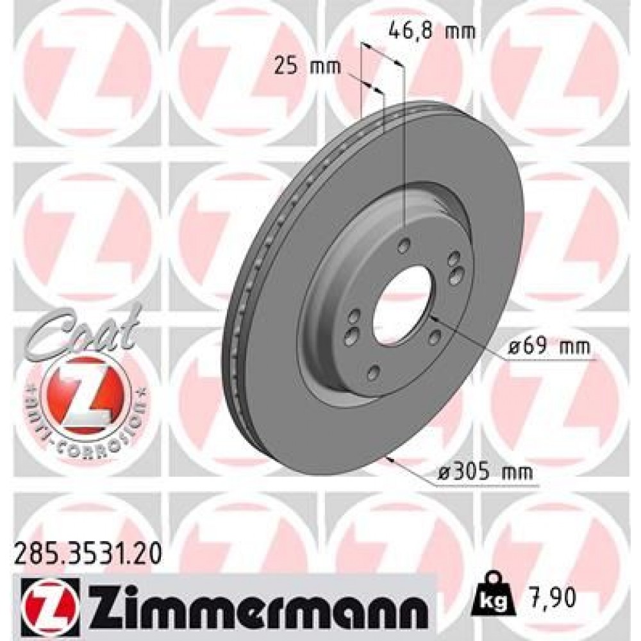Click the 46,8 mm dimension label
(433, 30)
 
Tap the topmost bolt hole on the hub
(404, 246)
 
